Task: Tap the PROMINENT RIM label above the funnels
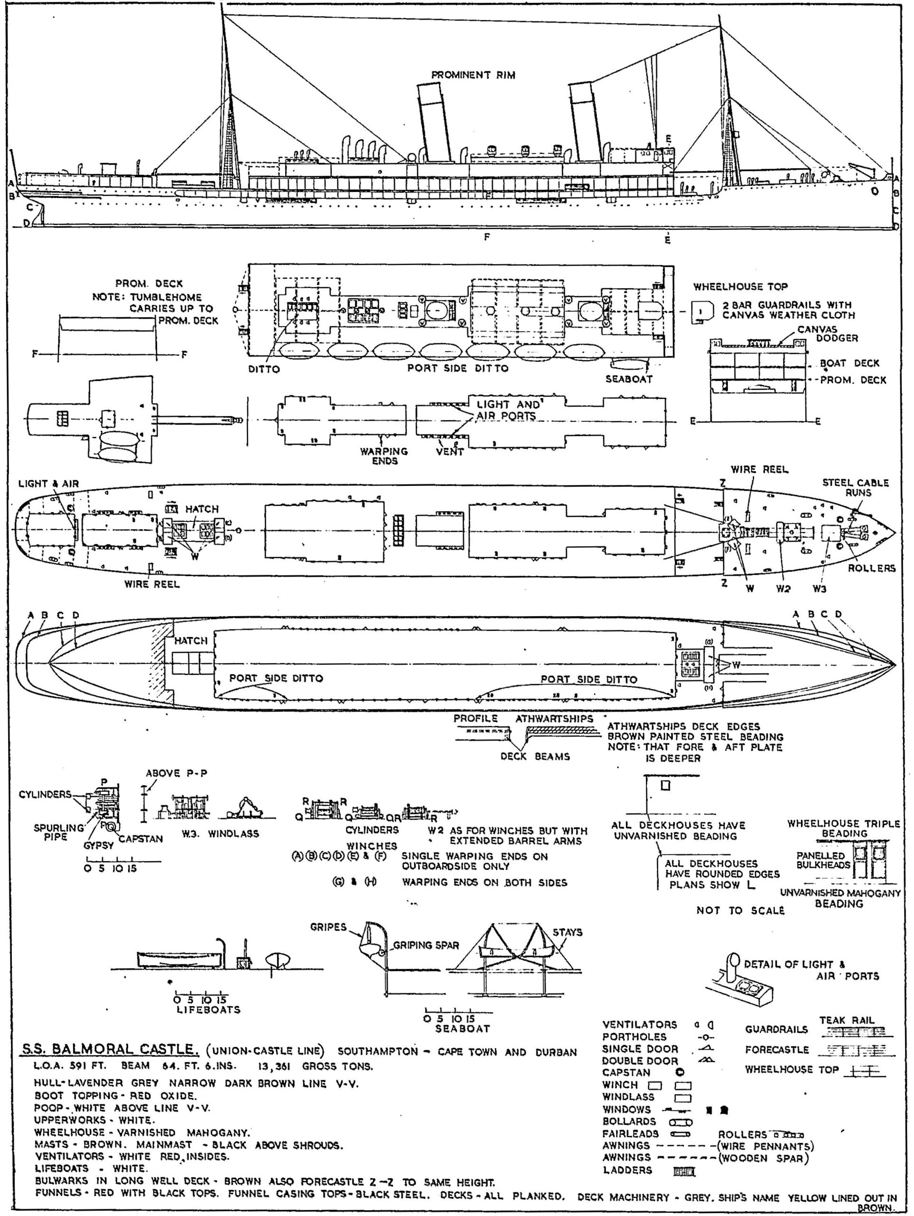(473, 76)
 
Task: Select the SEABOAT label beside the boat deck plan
(629, 380)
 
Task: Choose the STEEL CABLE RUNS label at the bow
(855, 488)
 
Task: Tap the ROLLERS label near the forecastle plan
(871, 569)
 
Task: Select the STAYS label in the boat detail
(567, 932)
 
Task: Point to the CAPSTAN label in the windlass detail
(140, 839)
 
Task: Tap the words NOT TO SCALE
(740, 911)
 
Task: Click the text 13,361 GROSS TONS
(317, 1067)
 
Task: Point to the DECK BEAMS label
(534, 756)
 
